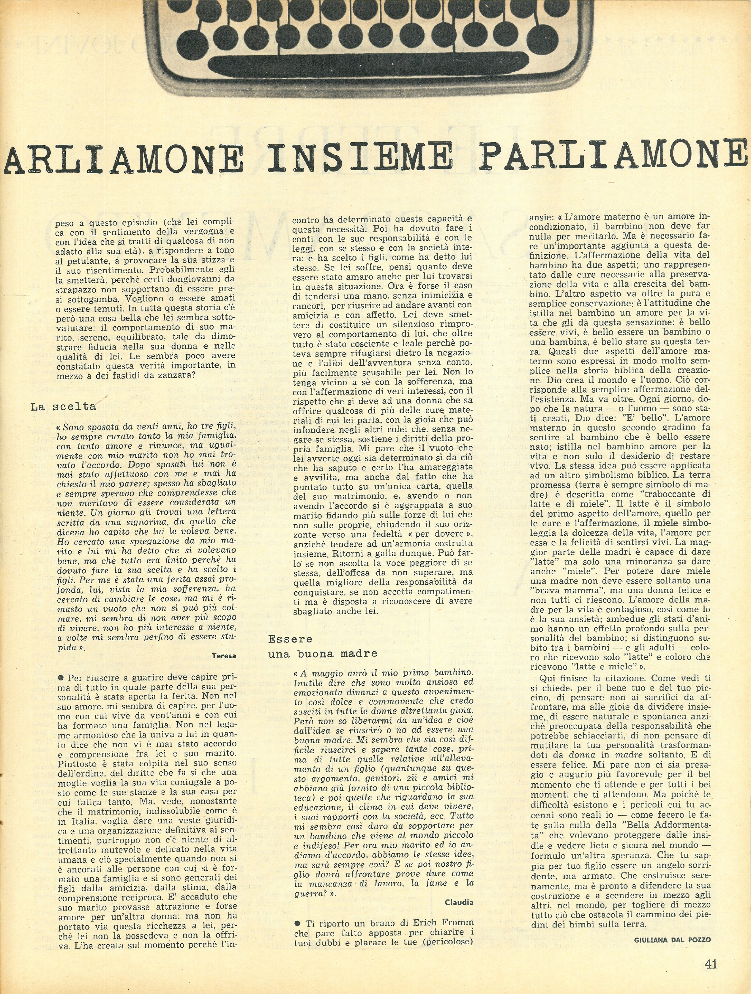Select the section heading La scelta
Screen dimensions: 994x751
point(64,407)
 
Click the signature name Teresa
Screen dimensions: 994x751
point(223,656)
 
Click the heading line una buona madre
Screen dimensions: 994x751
point(323,654)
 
